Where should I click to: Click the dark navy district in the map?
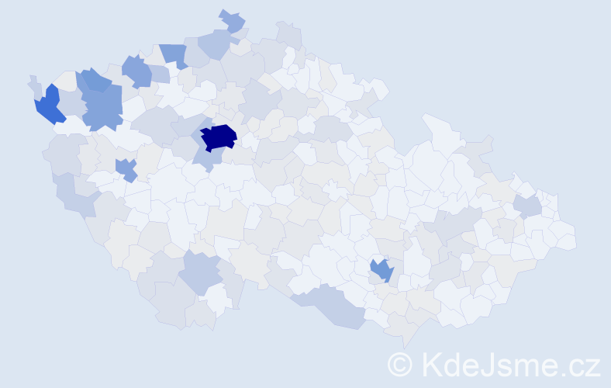pyautogui.click(x=218, y=137)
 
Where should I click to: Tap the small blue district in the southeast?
pyautogui.click(x=381, y=270)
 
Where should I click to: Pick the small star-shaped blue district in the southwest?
pyautogui.click(x=126, y=168)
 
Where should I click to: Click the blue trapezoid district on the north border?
pyautogui.click(x=174, y=54)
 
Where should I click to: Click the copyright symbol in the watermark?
pyautogui.click(x=399, y=364)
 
